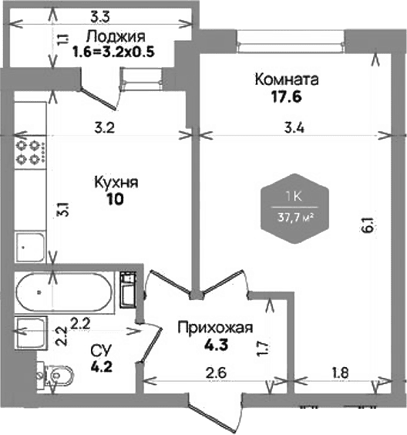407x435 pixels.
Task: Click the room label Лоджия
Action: [116, 37]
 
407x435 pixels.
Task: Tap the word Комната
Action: [287, 79]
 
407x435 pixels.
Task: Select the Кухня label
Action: [116, 183]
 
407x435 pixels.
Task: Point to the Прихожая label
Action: [215, 329]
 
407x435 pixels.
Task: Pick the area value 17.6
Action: [286, 97]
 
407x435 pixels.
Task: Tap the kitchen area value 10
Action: [115, 199]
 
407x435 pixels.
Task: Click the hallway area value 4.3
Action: [216, 345]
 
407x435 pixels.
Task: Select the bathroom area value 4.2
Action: [101, 367]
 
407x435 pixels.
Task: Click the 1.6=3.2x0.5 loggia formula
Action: [113, 52]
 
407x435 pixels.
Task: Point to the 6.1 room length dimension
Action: [370, 225]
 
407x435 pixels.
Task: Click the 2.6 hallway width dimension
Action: [217, 373]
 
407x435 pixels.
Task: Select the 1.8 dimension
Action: [340, 373]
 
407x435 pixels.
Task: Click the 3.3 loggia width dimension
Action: [100, 17]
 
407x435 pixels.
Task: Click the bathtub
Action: [64, 292]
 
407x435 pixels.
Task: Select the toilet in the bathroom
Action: [55, 375]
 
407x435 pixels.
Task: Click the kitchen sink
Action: [30, 248]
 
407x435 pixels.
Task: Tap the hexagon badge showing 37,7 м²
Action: [294, 208]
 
